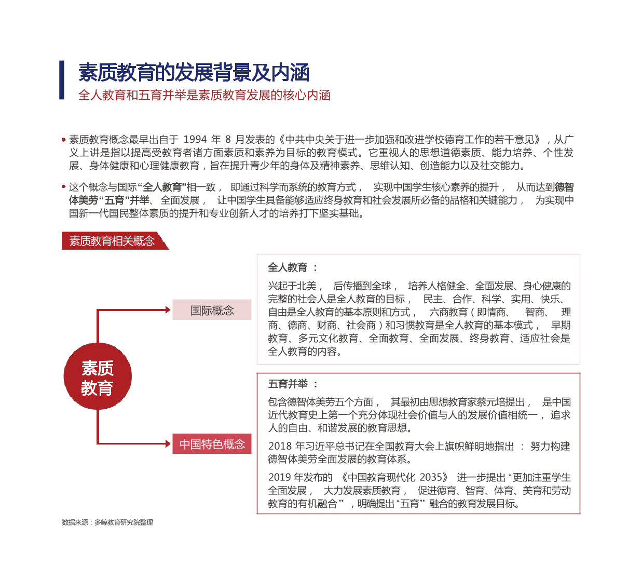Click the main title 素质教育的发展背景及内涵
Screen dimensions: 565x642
pos(194,73)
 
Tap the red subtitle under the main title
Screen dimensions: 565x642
pos(204,95)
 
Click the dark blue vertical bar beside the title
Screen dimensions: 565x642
pos(62,80)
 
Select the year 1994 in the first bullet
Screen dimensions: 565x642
pos(195,139)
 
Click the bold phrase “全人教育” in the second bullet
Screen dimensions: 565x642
pos(162,187)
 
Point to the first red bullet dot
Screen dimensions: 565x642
pos(63,140)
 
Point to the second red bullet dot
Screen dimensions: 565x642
pos(63,187)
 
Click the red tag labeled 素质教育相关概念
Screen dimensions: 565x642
pos(112,241)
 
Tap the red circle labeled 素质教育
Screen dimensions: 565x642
pos(98,376)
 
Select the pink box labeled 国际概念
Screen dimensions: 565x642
pos(212,310)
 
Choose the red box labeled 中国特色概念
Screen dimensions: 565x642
pos(212,444)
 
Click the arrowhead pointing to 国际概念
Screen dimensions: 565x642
pos(168,310)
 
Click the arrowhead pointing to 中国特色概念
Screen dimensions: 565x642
pos(168,444)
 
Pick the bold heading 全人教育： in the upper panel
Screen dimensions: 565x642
pos(292,267)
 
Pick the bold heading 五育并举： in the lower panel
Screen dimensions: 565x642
pos(292,384)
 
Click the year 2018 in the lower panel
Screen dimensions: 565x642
pos(280,447)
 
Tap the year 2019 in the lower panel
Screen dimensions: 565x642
pos(280,477)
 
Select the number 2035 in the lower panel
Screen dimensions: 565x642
pos(431,477)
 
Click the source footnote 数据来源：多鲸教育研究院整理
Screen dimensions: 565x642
pos(107,522)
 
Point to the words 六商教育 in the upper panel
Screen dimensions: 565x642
pos(448,312)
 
